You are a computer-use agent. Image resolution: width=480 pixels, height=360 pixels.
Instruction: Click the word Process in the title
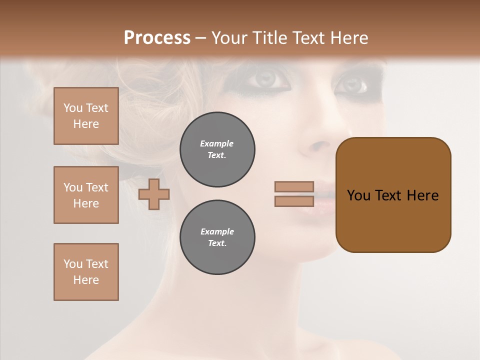[x=157, y=38]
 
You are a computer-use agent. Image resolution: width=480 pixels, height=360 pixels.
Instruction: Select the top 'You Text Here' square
[x=86, y=116]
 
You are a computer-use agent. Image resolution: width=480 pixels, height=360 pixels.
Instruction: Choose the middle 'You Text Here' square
[x=86, y=195]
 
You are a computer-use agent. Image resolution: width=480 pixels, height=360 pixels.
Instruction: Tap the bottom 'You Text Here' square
[x=86, y=272]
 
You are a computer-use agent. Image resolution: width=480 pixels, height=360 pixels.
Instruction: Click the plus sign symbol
[x=154, y=194]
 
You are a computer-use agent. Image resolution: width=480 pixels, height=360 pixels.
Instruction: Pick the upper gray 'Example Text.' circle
[x=217, y=149]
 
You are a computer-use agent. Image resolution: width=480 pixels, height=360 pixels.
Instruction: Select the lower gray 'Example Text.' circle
[x=217, y=237]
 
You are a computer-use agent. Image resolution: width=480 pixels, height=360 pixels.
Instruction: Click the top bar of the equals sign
[x=294, y=186]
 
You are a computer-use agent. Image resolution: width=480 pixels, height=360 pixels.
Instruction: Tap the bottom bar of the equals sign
[x=294, y=201]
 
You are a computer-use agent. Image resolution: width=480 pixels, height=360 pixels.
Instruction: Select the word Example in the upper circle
[x=217, y=143]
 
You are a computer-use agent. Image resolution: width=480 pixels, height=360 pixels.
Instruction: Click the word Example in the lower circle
[x=217, y=231]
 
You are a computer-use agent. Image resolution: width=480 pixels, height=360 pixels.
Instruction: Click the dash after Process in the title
[x=201, y=38]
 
